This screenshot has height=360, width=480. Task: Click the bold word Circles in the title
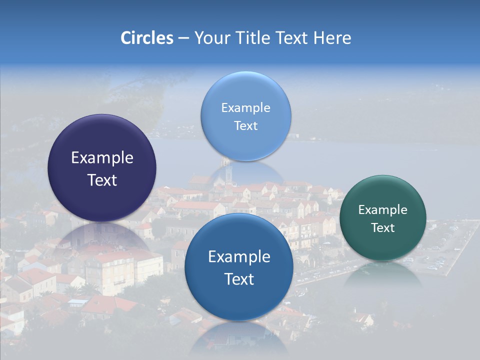click(x=146, y=38)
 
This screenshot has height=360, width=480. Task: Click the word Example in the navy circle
click(x=102, y=158)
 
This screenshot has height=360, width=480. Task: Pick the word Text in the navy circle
click(x=102, y=180)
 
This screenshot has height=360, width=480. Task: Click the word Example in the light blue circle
click(x=245, y=108)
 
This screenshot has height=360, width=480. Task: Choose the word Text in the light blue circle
click(x=245, y=126)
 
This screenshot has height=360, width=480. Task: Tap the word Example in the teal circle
click(x=383, y=210)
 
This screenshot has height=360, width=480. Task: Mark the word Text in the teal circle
click(x=383, y=228)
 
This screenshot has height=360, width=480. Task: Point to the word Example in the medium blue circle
click(x=239, y=257)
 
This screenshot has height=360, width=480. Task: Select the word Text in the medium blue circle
click(x=239, y=279)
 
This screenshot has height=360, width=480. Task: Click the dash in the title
click(x=183, y=38)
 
